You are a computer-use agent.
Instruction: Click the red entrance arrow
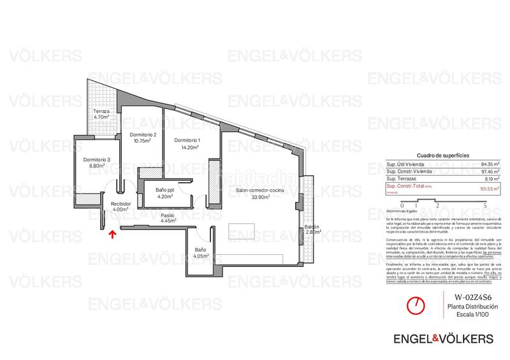(x=112, y=234)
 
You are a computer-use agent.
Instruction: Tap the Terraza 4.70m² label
(x=101, y=114)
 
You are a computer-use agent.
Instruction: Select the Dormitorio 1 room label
(x=187, y=143)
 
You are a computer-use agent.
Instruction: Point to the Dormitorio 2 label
(x=142, y=138)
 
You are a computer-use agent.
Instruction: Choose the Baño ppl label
(x=166, y=193)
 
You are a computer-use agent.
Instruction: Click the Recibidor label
(x=121, y=206)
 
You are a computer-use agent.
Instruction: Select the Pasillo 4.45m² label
(x=168, y=218)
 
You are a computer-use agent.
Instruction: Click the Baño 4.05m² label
(x=201, y=254)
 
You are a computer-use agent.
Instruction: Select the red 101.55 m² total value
(x=489, y=187)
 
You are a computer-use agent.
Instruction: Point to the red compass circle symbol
(x=416, y=304)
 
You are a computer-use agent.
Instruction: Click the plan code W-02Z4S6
(x=472, y=297)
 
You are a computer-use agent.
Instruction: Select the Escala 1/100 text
(x=472, y=315)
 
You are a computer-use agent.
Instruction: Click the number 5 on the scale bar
(x=486, y=205)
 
